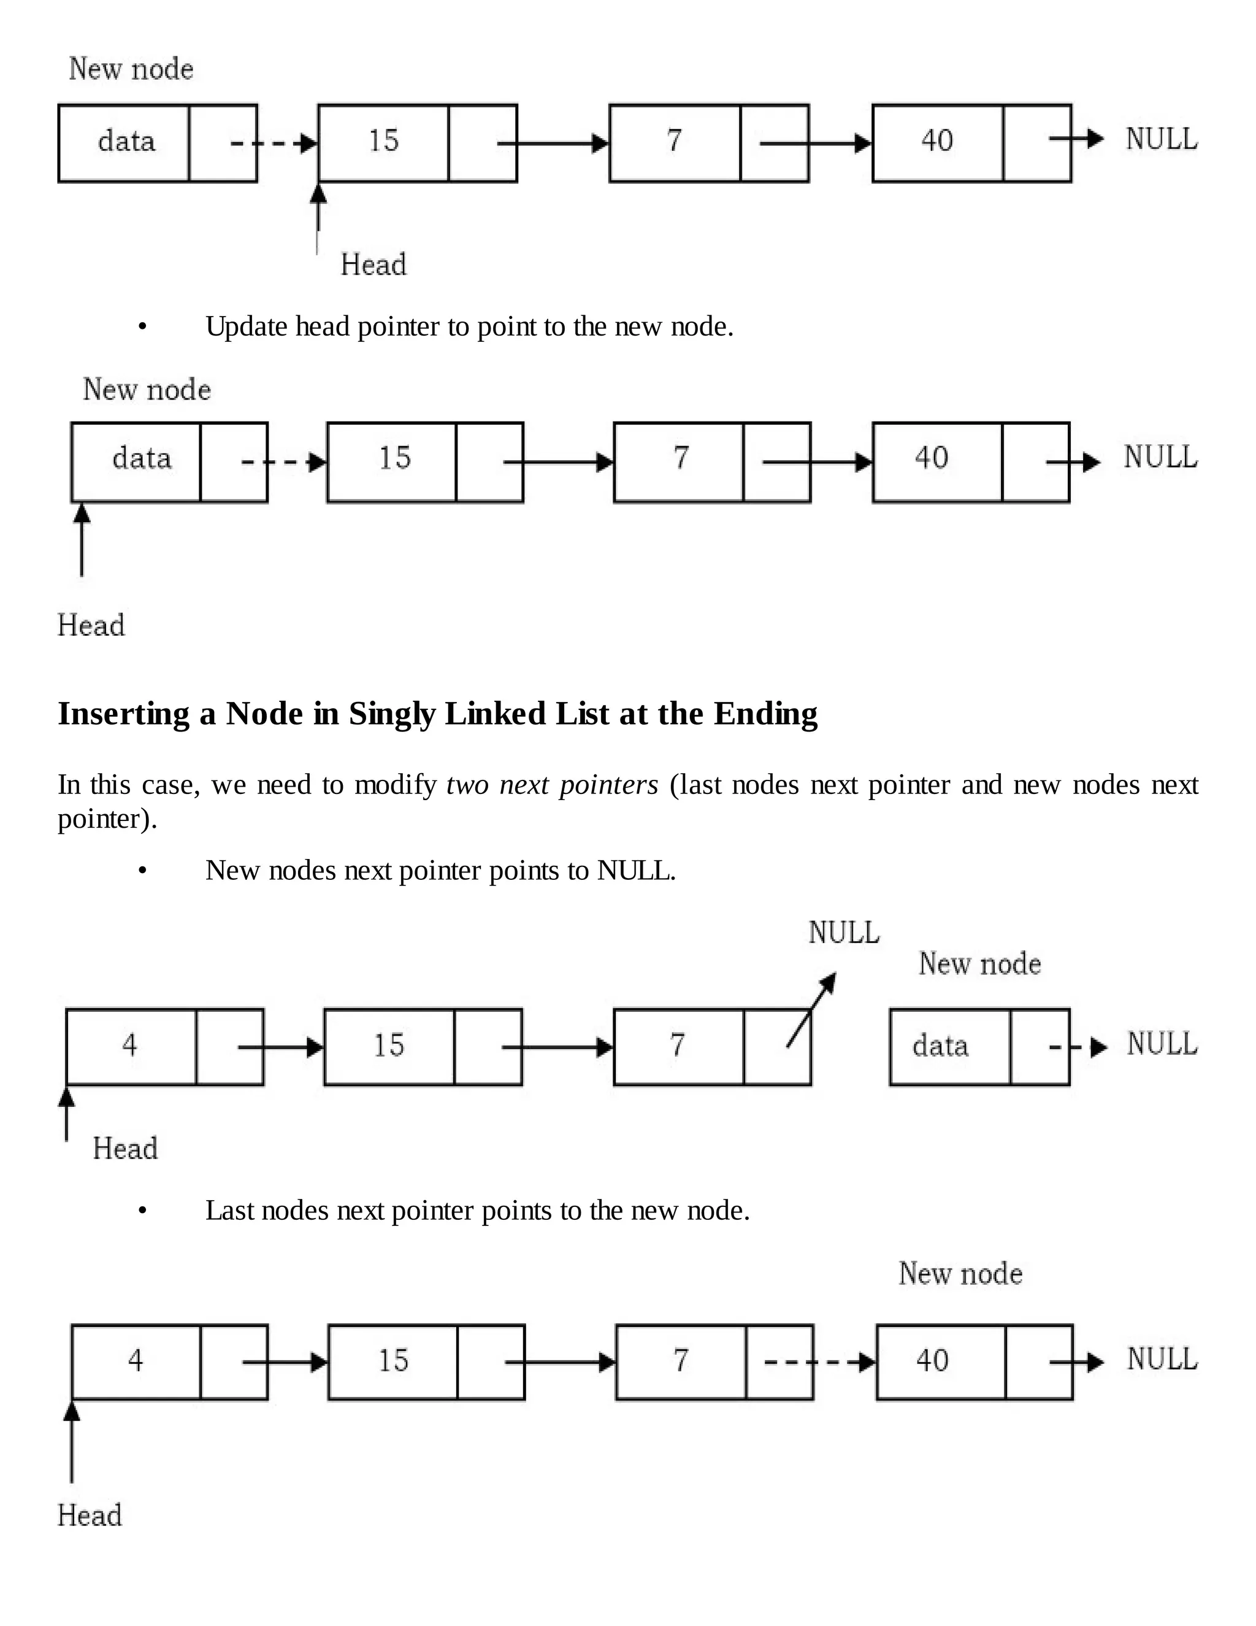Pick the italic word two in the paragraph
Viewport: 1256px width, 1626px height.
(467, 785)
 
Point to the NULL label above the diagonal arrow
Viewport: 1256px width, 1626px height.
(844, 933)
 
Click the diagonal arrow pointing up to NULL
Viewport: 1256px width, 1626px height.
(811, 1011)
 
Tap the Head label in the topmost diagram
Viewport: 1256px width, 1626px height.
(373, 265)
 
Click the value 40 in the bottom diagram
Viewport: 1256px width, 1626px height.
(932, 1361)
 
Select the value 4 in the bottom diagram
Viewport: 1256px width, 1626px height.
(135, 1361)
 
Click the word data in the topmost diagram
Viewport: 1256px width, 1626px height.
(126, 141)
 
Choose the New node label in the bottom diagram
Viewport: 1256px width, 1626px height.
(960, 1274)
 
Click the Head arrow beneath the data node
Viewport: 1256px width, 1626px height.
(82, 541)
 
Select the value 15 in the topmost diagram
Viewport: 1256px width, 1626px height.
(384, 141)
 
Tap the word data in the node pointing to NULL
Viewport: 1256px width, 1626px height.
(941, 1046)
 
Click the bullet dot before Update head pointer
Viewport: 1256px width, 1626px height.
(143, 328)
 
